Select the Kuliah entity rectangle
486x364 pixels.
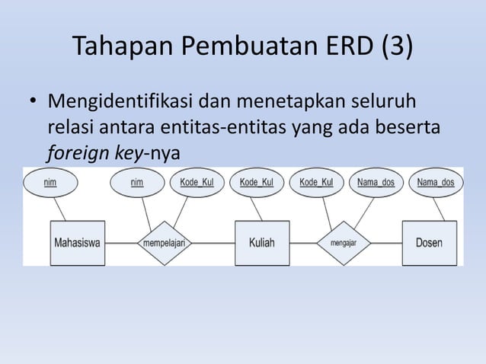[x=262, y=243]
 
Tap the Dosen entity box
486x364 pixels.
[x=429, y=243]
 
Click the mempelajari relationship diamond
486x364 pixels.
[x=165, y=243]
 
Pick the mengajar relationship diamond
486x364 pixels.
[x=344, y=243]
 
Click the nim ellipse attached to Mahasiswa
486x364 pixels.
[x=50, y=183]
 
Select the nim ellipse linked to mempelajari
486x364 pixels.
[x=137, y=183]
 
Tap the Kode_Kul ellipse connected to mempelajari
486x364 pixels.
[x=197, y=183]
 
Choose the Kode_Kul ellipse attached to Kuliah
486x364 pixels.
[x=257, y=183]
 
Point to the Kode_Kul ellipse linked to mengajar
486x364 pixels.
[x=317, y=183]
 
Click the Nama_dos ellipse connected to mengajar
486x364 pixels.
[x=376, y=183]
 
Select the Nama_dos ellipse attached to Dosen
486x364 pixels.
[x=436, y=183]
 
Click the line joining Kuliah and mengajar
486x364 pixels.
[x=303, y=243]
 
